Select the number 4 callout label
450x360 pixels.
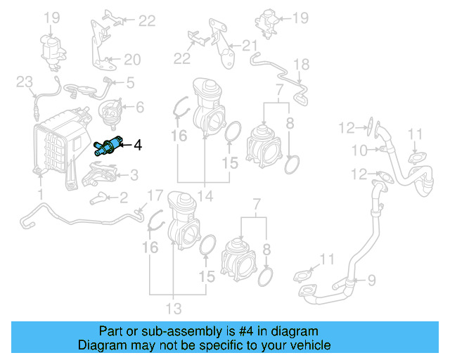[138, 146]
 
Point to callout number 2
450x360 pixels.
[123, 197]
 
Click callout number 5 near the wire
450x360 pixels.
[139, 107]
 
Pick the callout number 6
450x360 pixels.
[371, 280]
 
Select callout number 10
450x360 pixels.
[173, 307]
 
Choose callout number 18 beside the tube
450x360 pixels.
[132, 59]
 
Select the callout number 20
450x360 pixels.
[250, 46]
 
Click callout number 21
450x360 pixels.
[25, 83]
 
